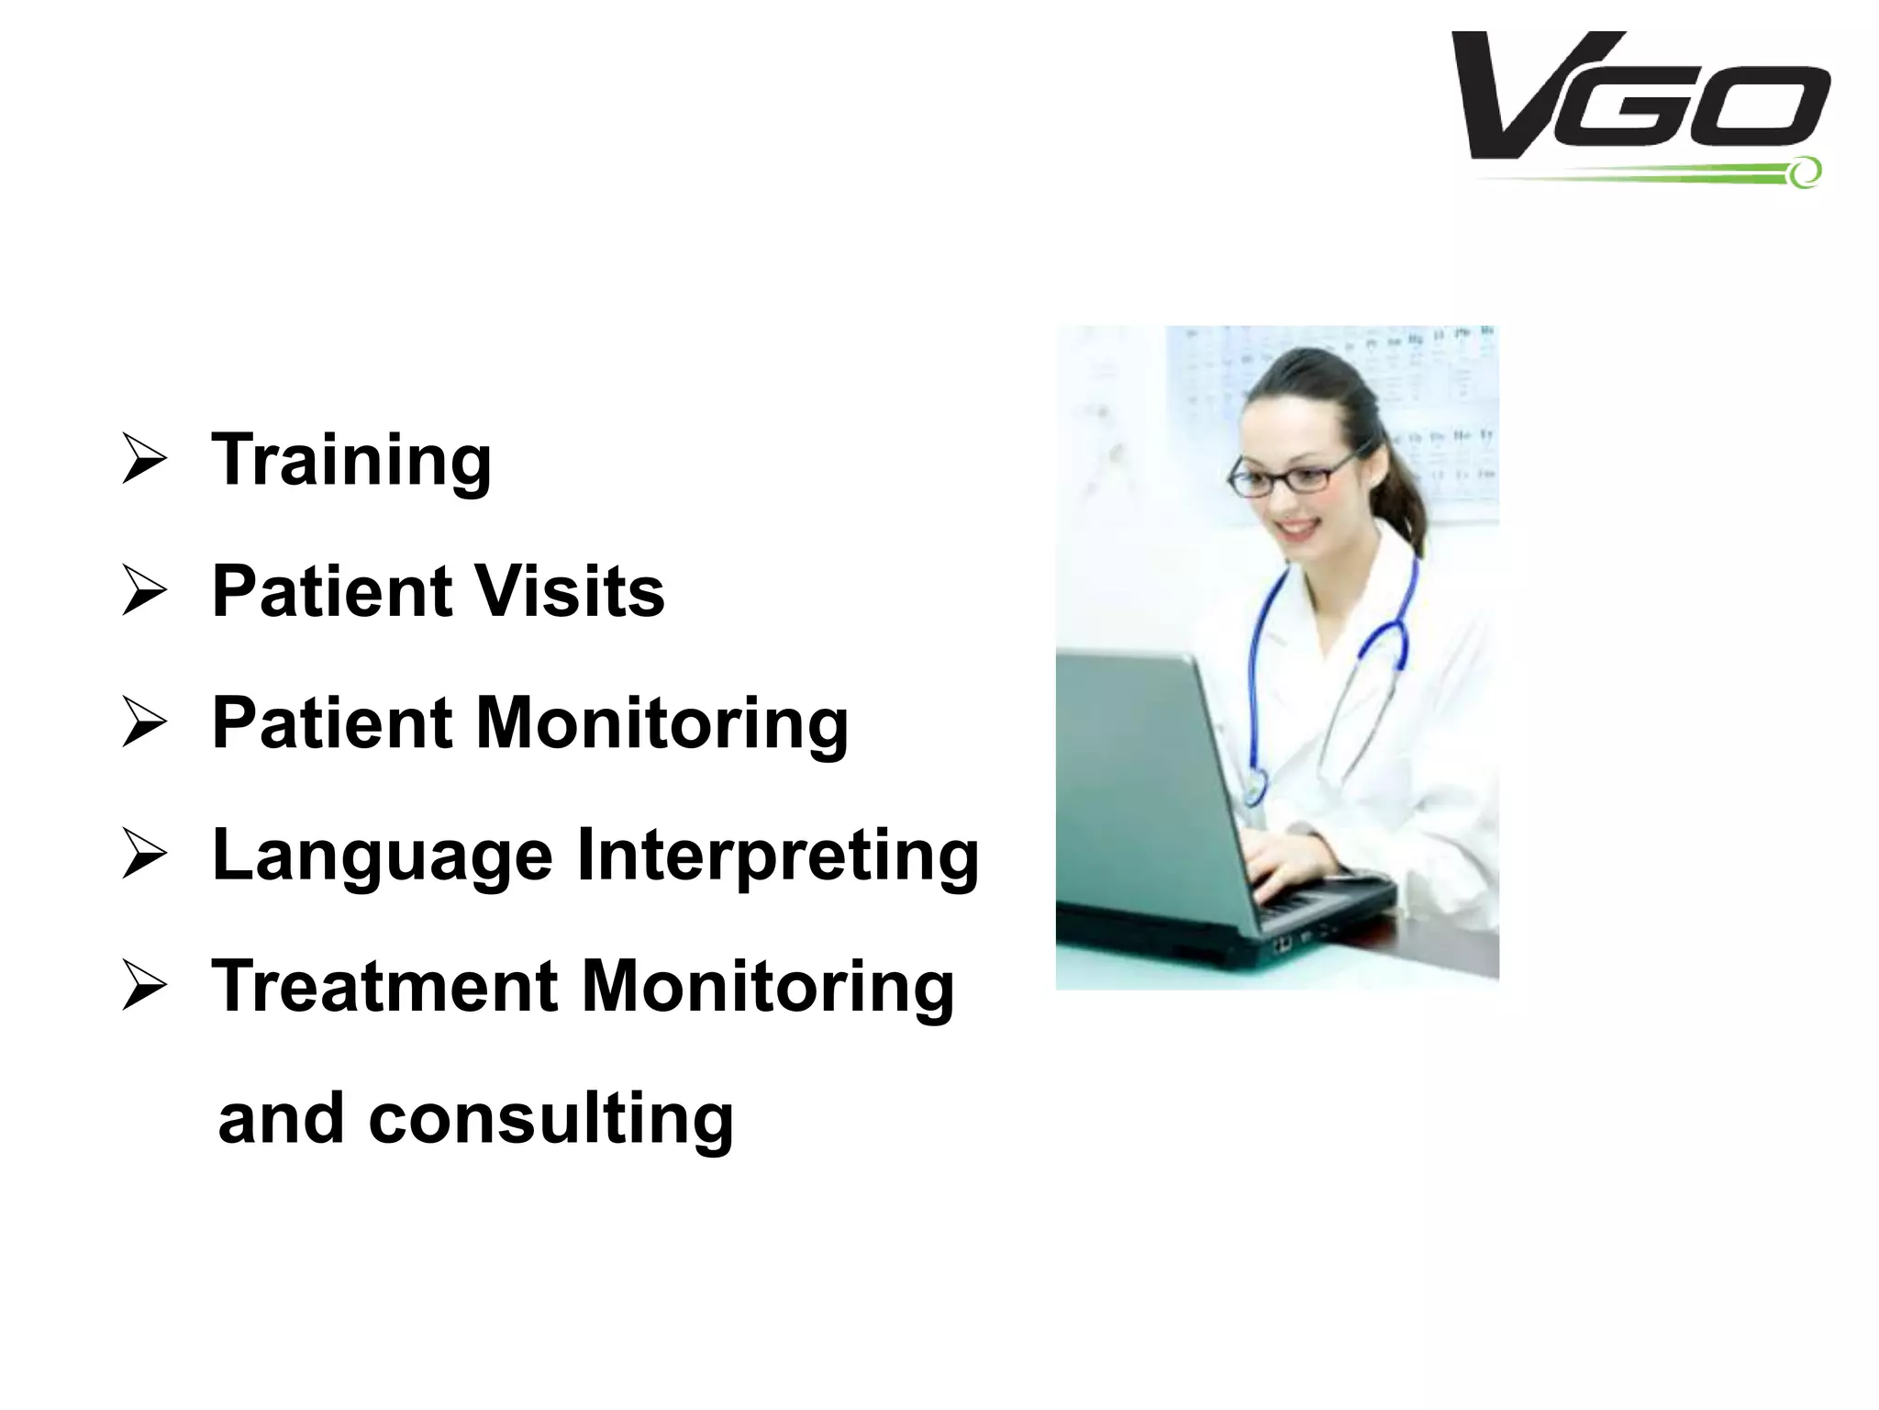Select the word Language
click(x=383, y=855)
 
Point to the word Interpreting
click(x=778, y=855)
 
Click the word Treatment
click(x=384, y=986)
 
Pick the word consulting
click(x=550, y=1119)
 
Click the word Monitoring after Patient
click(x=662, y=722)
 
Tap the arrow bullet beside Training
click(x=144, y=460)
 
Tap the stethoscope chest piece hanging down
click(x=1253, y=788)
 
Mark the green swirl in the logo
click(x=1803, y=172)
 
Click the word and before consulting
click(x=281, y=1119)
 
